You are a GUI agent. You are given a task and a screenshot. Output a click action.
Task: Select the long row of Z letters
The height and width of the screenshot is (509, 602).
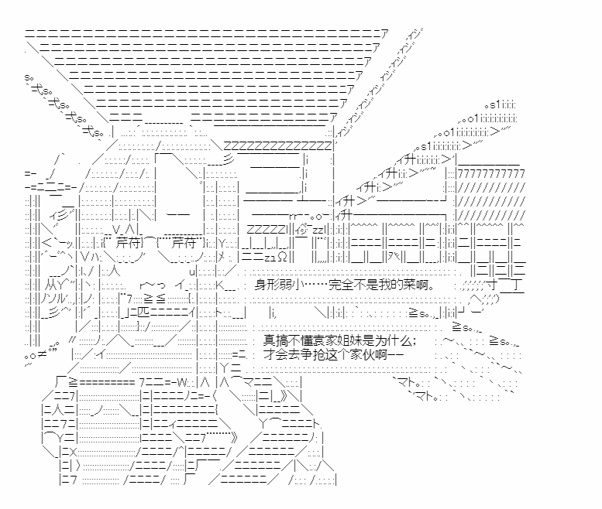coord(277,145)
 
